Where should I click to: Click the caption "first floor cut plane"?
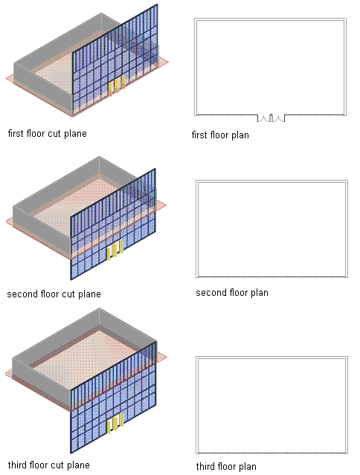(48, 133)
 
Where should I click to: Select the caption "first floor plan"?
(220, 135)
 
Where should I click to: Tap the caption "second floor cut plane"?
(54, 294)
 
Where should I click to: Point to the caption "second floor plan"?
(232, 293)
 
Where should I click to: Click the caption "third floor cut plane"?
(49, 465)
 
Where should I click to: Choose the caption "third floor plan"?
(226, 466)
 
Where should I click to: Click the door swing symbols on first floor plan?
(271, 118)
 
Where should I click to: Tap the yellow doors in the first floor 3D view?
(117, 85)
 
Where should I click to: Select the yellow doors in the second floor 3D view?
(115, 250)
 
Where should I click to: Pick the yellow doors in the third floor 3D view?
(115, 423)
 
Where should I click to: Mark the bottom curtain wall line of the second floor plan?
(271, 277)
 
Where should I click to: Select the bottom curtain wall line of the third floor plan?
(271, 453)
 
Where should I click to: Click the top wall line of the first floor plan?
(270, 19)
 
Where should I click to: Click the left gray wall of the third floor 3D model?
(42, 384)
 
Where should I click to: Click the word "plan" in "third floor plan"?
(247, 467)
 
